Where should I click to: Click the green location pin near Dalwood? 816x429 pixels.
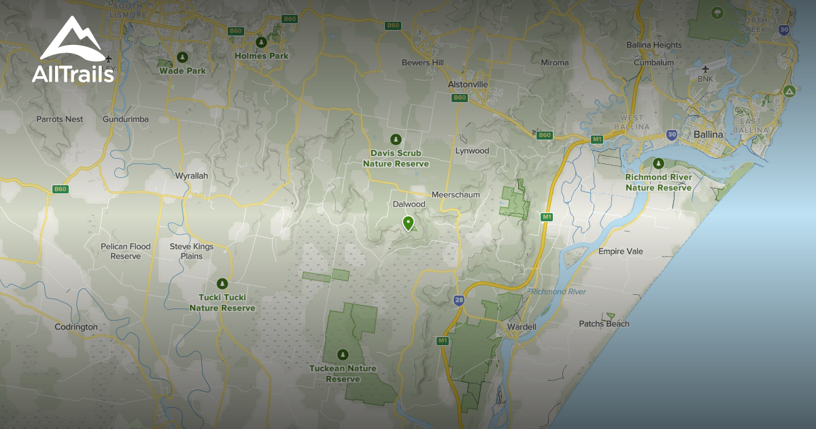point(408,223)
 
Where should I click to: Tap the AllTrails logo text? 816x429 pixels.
point(73,74)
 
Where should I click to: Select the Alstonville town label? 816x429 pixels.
point(468,84)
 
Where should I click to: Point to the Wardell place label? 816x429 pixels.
point(522,327)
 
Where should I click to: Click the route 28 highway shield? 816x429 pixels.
point(460,300)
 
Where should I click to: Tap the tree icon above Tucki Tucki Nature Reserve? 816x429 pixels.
point(222,283)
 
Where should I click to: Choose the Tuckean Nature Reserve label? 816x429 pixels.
point(342,373)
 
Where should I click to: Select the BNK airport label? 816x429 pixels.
point(704,78)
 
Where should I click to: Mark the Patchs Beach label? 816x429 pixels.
point(604,323)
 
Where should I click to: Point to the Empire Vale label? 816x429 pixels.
point(620,251)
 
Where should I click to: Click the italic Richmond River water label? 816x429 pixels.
point(558,291)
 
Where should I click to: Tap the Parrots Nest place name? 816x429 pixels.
point(60,119)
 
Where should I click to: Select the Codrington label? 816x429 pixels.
point(76,327)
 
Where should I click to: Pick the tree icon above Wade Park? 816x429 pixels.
point(182,57)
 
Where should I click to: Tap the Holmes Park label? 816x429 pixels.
point(261,56)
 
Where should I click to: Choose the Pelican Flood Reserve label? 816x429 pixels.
point(126,251)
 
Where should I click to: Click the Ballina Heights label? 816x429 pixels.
point(654,45)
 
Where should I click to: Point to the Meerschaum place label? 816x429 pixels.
point(456,195)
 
